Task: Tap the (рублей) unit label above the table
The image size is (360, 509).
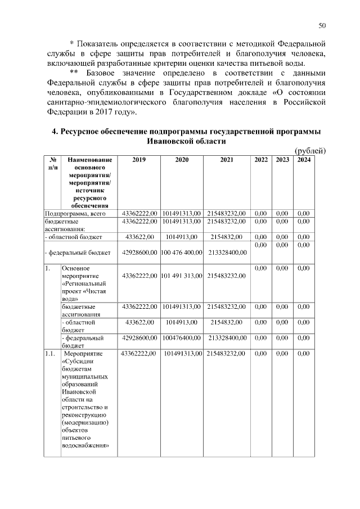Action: click(310, 151)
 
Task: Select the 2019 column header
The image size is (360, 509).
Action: click(139, 160)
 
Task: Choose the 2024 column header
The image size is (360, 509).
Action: click(304, 160)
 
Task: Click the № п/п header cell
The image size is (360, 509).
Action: click(52, 164)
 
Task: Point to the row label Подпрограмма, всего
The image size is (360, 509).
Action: click(75, 214)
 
